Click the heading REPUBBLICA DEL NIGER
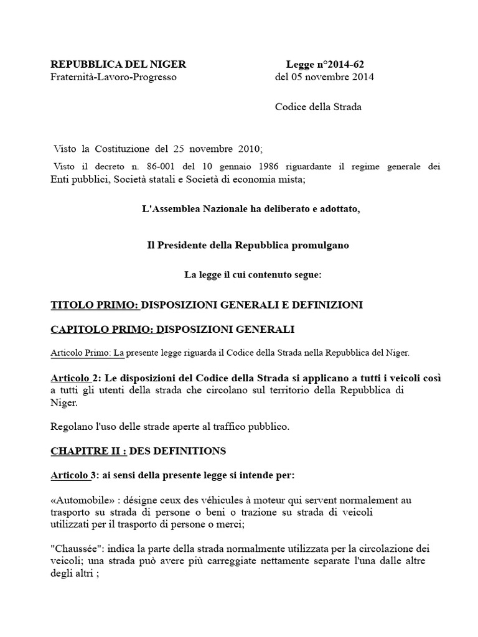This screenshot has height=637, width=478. [x=118, y=64]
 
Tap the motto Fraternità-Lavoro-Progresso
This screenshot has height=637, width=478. [x=113, y=77]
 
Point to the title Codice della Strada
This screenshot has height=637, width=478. [x=318, y=106]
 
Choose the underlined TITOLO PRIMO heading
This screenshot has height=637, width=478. [x=96, y=305]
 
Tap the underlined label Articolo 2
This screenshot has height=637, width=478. [x=74, y=378]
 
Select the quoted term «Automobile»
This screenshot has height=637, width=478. [x=77, y=500]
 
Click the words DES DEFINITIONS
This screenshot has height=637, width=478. [x=177, y=450]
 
